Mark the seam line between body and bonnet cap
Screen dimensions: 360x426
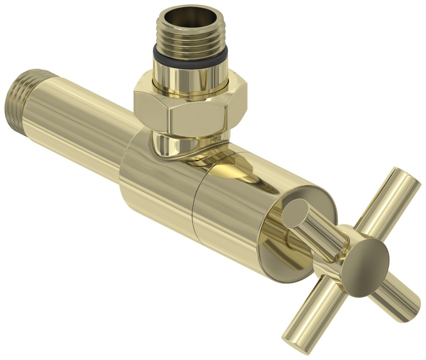193,206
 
